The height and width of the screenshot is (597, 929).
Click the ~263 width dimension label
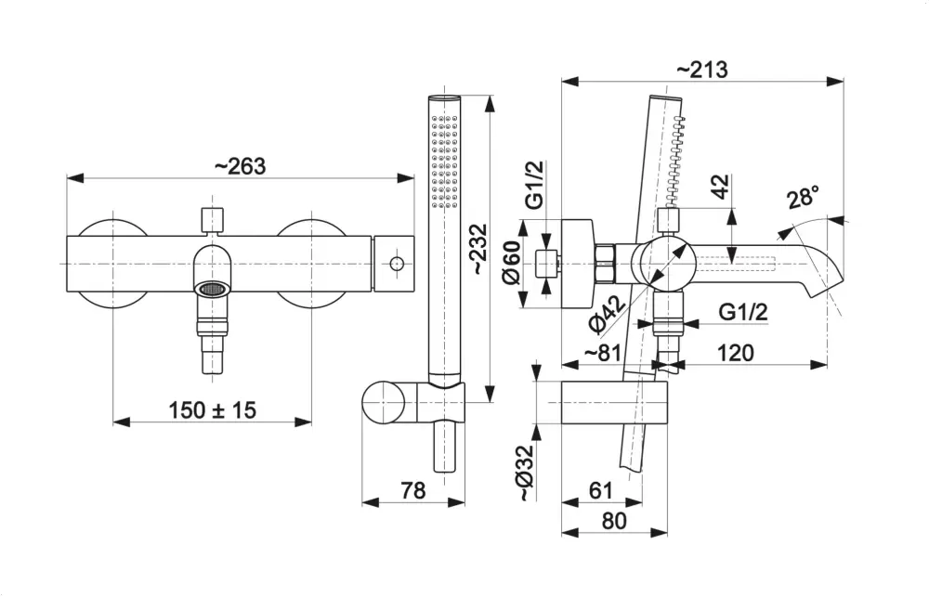point(240,166)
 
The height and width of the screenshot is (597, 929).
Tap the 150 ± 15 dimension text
point(212,409)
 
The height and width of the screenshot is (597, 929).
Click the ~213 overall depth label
point(701,70)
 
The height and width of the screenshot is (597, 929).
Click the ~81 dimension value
point(603,354)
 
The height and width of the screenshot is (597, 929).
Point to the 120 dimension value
point(734,354)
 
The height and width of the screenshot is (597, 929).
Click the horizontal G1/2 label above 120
point(743,313)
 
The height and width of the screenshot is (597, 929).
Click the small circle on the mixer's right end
point(397,265)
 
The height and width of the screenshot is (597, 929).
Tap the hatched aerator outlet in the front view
point(213,289)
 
